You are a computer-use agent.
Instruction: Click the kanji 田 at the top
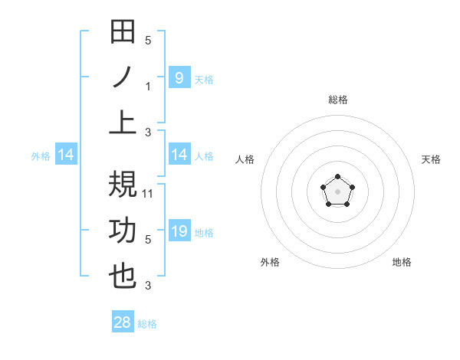point(123,32)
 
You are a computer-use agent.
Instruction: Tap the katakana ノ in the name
point(123,78)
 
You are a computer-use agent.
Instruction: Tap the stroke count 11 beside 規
point(149,193)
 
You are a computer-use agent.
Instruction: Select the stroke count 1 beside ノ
point(148,86)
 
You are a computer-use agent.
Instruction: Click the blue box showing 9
point(179,77)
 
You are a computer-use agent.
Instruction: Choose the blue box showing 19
point(179,231)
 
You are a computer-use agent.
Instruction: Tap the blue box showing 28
point(123,322)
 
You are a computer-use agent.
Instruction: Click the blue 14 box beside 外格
point(66,155)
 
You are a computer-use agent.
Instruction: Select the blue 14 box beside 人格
point(179,155)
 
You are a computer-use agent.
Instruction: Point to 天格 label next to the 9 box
point(204,79)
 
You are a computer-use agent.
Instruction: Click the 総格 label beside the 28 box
point(147,324)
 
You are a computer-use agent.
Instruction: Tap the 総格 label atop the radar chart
point(337,100)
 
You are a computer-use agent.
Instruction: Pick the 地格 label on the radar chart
point(402,262)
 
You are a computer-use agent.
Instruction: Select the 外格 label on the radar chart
point(270,262)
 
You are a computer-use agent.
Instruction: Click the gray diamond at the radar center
point(337,191)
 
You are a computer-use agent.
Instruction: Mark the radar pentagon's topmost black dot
point(337,177)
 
